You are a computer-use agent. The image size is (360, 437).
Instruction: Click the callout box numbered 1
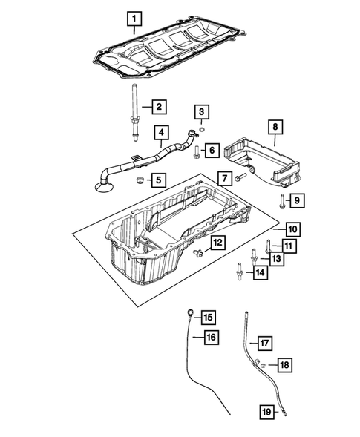[x=134, y=17]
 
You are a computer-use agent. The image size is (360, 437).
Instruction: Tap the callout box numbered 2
[x=157, y=108]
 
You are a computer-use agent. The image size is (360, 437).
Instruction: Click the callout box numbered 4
[x=160, y=134]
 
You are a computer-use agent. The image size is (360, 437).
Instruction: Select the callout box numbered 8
[x=273, y=128]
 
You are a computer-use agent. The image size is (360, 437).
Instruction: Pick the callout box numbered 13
[x=275, y=258]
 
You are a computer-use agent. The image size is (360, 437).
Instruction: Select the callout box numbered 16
[x=212, y=338]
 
